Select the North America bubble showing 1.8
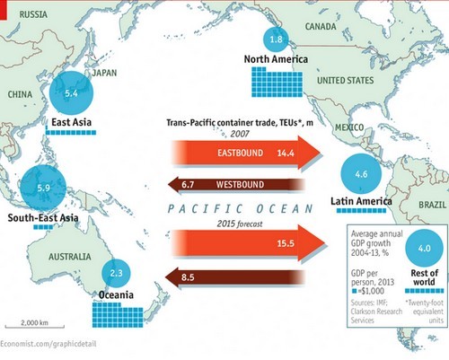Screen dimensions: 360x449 (277, 40)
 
